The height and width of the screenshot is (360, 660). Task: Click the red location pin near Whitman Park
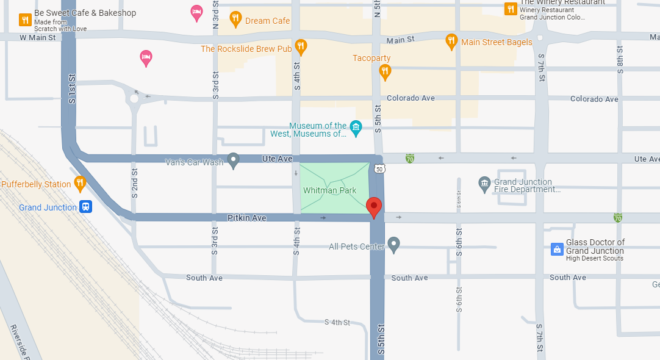point(374,207)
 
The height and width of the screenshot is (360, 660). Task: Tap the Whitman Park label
point(329,191)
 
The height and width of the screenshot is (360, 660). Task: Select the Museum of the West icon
point(356,128)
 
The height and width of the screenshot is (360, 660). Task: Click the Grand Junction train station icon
point(86,207)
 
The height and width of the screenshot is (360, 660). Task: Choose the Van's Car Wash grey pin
point(233,160)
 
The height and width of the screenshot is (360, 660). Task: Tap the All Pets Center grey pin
point(393,245)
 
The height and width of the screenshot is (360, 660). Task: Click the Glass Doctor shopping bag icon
point(556,249)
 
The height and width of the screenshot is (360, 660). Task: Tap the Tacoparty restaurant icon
point(385,71)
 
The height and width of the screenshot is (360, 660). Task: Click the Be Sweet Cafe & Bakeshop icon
point(25,20)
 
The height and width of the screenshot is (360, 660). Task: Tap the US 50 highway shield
point(379,169)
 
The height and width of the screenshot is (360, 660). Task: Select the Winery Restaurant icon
point(511,9)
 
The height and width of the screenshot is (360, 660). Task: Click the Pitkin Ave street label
point(247,218)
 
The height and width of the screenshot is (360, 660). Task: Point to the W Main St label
point(38,38)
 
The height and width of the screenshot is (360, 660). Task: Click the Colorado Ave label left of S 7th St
point(411,98)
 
